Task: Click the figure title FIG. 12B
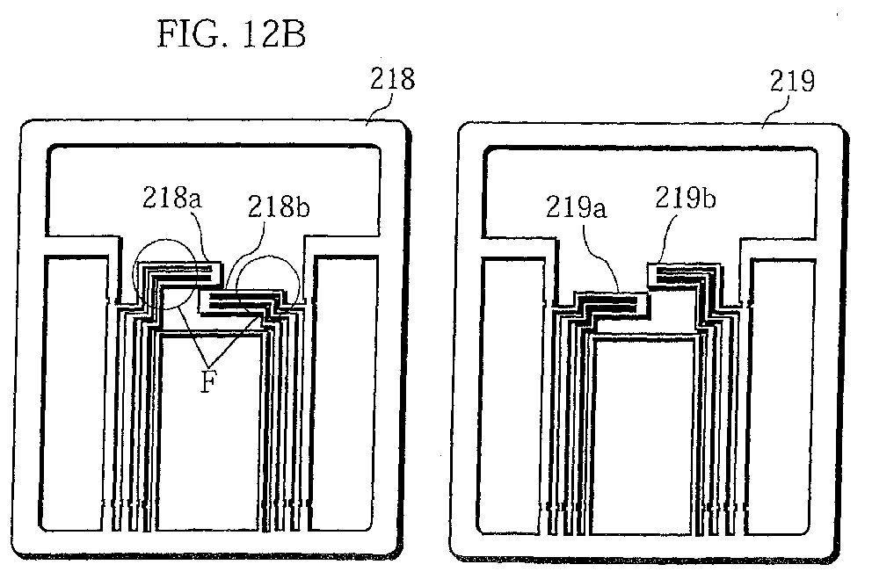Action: (x=231, y=34)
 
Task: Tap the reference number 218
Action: (x=393, y=79)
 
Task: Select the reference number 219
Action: (x=793, y=81)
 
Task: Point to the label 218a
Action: (x=171, y=198)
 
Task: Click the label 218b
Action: (x=278, y=206)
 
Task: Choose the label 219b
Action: (x=685, y=198)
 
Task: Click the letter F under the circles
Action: (x=208, y=381)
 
